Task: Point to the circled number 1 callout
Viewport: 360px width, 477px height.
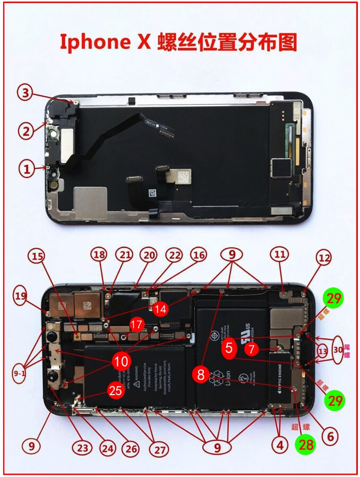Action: click(25, 169)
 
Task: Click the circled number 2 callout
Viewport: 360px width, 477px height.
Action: click(25, 130)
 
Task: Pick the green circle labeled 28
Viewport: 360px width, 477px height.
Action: click(306, 445)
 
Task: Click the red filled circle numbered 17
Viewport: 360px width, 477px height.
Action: click(136, 324)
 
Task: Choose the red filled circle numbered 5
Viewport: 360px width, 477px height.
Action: click(228, 349)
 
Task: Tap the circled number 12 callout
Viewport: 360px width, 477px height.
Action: click(323, 258)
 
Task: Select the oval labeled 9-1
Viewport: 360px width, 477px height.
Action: click(19, 373)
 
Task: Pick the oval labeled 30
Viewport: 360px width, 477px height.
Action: click(339, 351)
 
